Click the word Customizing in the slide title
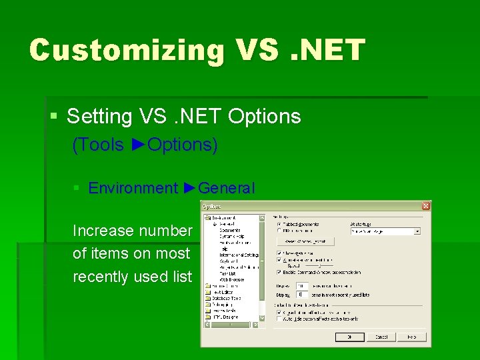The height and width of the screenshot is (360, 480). pos(126,50)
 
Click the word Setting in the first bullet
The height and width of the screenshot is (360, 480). pos(99,117)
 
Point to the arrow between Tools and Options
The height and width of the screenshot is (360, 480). pos(138,145)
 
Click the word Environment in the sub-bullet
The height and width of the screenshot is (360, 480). pos(133,188)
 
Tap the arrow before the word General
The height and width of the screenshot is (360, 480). pos(189,188)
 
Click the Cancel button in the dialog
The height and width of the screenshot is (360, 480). pos(381,337)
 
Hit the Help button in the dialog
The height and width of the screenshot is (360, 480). pos(412,337)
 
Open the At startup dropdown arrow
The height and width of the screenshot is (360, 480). pos(417,231)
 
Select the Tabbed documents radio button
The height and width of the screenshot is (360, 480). pos(279,224)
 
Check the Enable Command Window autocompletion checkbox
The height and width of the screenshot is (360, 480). pos(279,272)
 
